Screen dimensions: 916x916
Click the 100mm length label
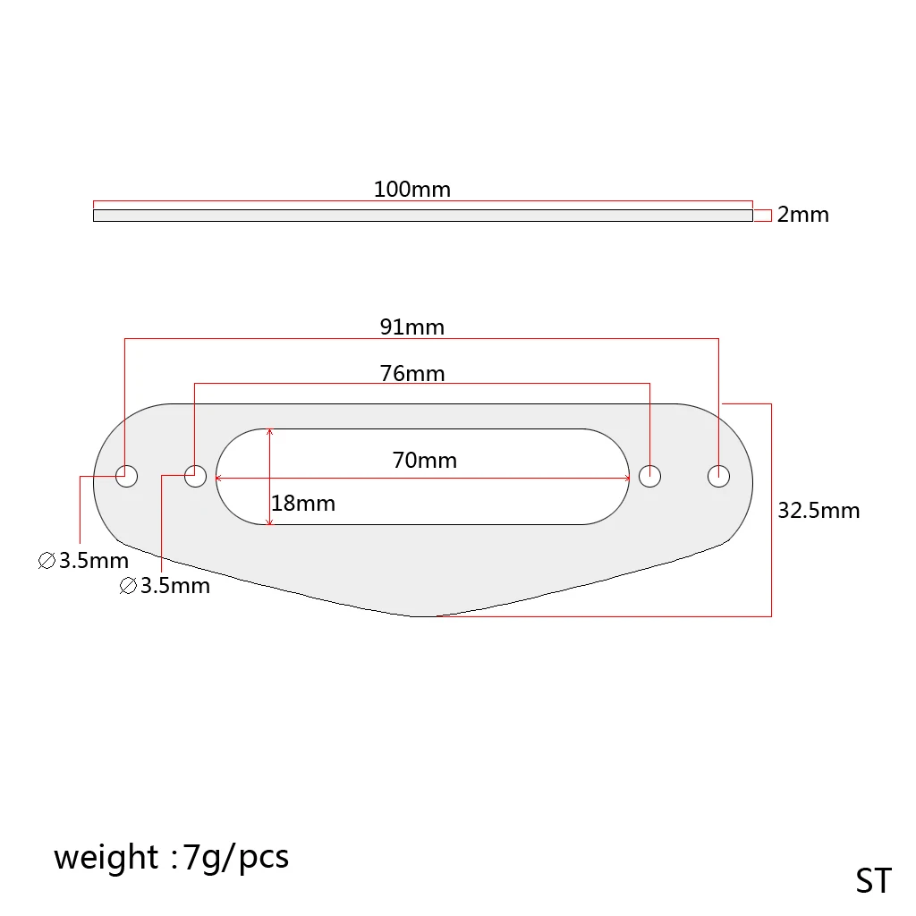[412, 190]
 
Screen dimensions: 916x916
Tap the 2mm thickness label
[802, 215]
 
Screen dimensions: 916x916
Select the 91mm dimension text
[412, 327]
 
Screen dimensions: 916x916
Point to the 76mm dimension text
[412, 373]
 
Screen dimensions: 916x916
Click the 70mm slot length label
[425, 461]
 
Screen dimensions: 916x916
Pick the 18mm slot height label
[303, 504]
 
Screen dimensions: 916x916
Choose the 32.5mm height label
[818, 511]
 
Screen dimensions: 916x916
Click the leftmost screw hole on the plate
[126, 476]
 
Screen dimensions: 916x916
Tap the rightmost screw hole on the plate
[719, 476]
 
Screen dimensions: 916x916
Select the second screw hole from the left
[195, 476]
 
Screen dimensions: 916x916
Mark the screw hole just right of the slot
[649, 476]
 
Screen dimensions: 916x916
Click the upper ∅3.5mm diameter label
[84, 562]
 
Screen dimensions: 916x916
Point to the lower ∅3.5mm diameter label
[165, 587]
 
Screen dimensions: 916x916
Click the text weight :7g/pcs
[171, 857]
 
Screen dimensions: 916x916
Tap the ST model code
[873, 881]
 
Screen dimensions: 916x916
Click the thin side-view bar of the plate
[422, 216]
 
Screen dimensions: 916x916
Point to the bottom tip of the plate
[422, 615]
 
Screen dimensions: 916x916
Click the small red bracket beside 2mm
[762, 216]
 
